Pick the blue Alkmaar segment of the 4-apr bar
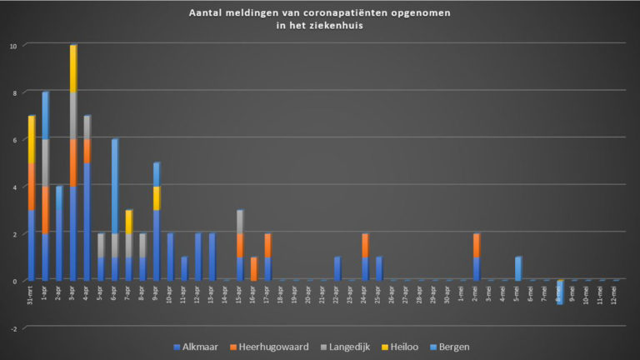[x=87, y=222]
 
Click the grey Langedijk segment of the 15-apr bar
[x=240, y=222]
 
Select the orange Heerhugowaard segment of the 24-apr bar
[x=365, y=245]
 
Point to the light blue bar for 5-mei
[x=518, y=268]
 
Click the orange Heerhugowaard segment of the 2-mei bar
[x=477, y=245]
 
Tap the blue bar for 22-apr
[x=337, y=268]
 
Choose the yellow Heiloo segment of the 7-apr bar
[x=128, y=222]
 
